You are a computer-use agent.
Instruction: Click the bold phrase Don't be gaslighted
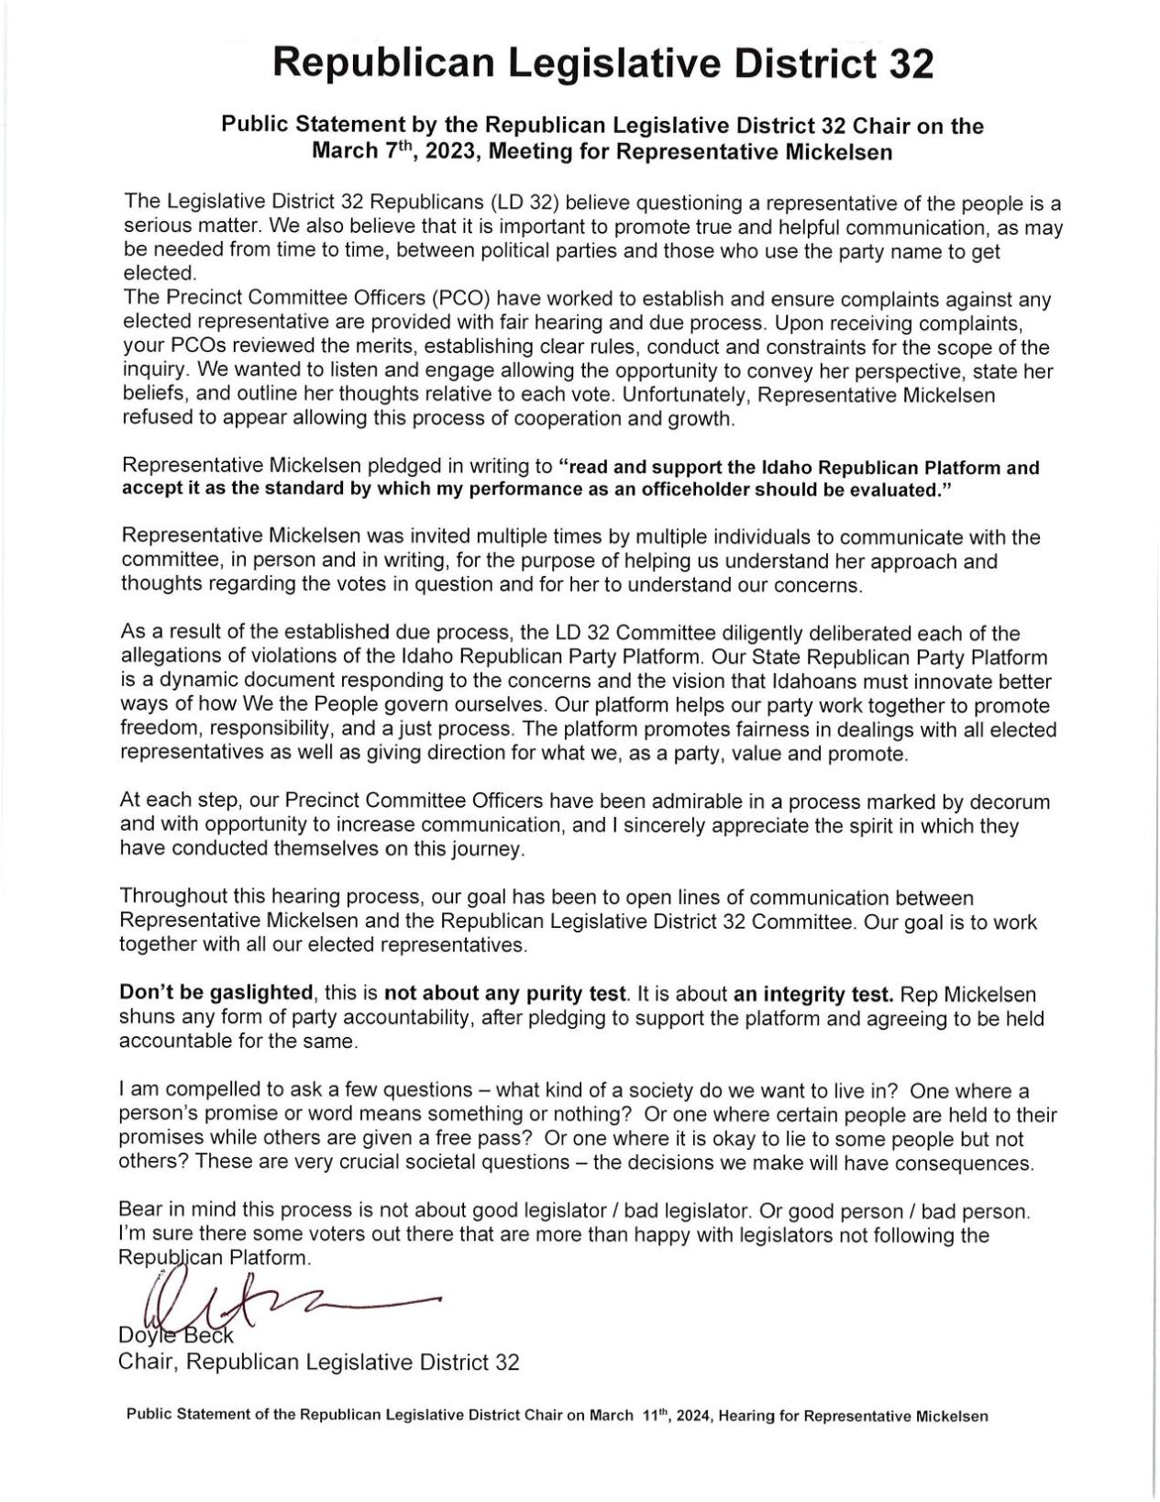[x=216, y=993]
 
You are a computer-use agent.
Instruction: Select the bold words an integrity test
[x=812, y=993]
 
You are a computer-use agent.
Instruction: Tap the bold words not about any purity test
[x=505, y=993]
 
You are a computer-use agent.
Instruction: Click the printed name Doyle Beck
[x=176, y=1338]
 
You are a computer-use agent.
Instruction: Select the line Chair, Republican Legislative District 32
[x=319, y=1362]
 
